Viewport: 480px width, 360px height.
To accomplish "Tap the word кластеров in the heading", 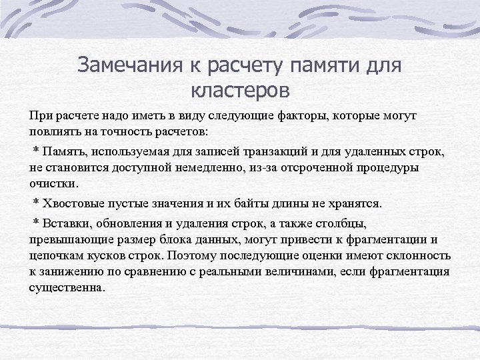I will pos(239,88).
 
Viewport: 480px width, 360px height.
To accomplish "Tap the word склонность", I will pos(419,255).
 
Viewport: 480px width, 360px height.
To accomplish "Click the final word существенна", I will pos(67,287).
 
